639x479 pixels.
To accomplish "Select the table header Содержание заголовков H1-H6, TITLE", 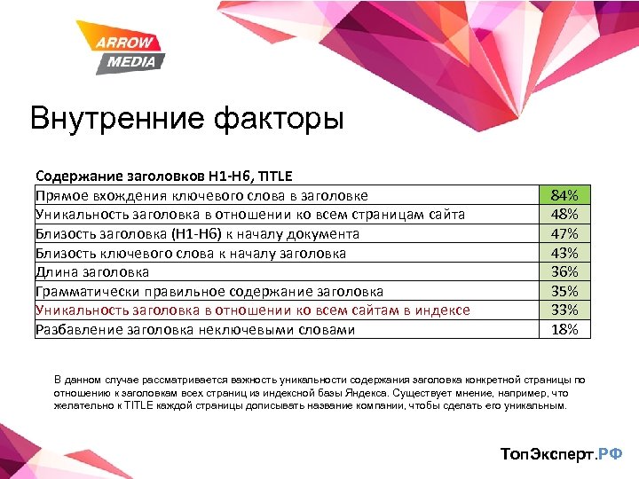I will point(163,176).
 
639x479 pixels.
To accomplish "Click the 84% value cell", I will point(564,195).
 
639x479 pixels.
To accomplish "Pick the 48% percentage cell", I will point(564,215).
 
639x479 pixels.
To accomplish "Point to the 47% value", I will point(564,233).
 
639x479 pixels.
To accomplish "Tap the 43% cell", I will point(564,253).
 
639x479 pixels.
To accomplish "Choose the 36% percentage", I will point(564,271).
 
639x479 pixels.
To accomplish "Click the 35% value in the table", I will point(564,291).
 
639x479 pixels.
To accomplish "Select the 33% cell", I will point(564,310).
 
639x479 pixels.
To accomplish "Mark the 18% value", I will point(564,329).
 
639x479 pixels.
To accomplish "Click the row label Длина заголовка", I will point(92,272).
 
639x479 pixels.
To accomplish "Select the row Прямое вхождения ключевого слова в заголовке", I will point(201,195).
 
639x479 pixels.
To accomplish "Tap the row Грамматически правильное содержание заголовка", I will point(209,291).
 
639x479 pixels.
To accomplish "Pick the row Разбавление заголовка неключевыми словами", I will point(195,330).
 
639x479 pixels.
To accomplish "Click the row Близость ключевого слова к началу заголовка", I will point(191,253).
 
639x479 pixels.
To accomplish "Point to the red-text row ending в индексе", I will point(252,310).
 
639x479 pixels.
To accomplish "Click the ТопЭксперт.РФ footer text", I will point(562,454).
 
